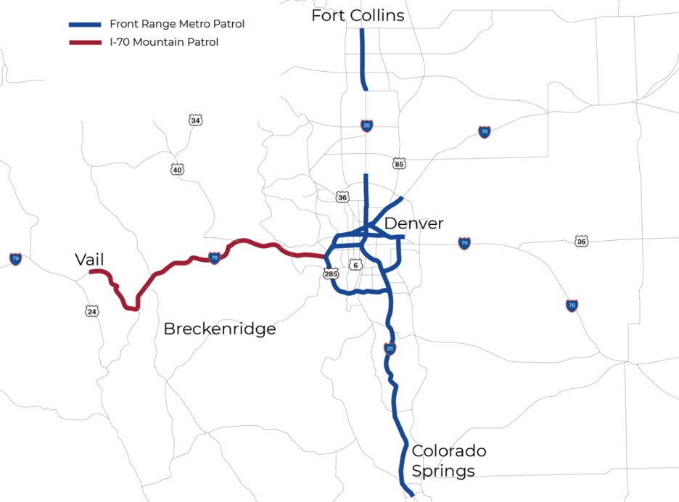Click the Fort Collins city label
click(358, 15)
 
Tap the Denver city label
click(413, 223)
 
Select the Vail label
click(90, 260)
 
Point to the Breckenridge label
click(220, 329)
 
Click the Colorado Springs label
click(449, 461)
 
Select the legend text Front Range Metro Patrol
click(177, 24)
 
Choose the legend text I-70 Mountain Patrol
click(164, 42)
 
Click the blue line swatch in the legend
click(85, 24)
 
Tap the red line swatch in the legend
click(85, 42)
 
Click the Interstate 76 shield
click(485, 131)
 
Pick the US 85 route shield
click(398, 163)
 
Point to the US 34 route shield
click(195, 120)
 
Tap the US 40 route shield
click(178, 170)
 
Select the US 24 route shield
click(91, 311)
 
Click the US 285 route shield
click(332, 274)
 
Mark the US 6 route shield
click(355, 265)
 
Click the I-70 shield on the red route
click(214, 258)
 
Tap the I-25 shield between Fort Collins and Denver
click(367, 126)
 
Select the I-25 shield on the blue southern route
click(390, 348)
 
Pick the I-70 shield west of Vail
click(15, 258)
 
